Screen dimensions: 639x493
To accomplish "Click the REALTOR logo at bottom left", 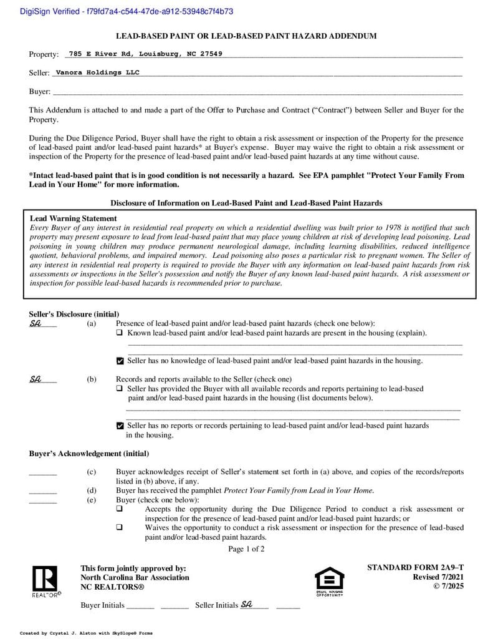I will [x=45, y=581].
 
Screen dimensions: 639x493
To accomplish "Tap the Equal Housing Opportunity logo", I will [x=329, y=581].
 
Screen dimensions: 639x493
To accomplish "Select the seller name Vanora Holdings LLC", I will [x=97, y=72].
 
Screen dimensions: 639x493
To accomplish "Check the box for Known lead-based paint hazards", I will [x=120, y=333].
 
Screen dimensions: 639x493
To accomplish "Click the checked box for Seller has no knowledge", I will [x=120, y=361].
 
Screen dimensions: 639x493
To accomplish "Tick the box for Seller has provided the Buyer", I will [x=120, y=389].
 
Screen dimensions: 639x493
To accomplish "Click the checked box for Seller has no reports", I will [x=120, y=426].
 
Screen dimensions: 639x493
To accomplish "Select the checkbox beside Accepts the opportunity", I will [x=120, y=509].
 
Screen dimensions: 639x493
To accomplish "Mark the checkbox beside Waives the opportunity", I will [x=120, y=527].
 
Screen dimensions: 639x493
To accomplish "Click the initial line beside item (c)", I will [x=42, y=472].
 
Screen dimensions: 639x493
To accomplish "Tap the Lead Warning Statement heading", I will [x=73, y=218].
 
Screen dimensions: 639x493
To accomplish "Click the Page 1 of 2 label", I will [x=246, y=549].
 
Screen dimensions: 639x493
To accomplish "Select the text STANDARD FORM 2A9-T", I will [x=415, y=567].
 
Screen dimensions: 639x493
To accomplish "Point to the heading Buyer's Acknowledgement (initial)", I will [x=89, y=454].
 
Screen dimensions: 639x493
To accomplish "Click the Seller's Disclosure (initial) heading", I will [x=74, y=314].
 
